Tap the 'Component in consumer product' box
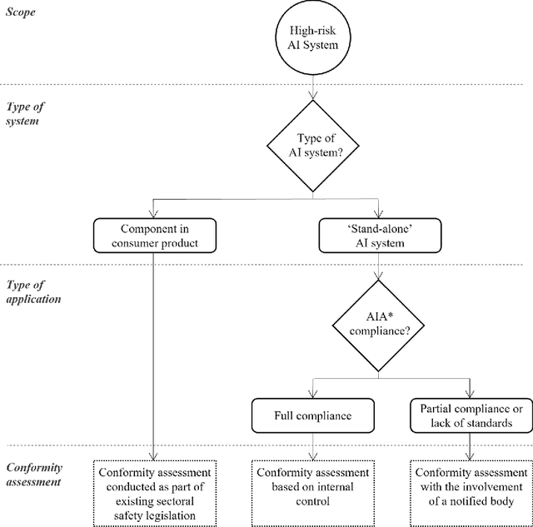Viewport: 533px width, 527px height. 155,236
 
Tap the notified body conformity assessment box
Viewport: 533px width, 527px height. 471,487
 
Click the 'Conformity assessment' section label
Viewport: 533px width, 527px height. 36,475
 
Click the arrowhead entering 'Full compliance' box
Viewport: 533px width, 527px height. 312,394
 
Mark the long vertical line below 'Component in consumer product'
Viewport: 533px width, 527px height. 155,350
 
